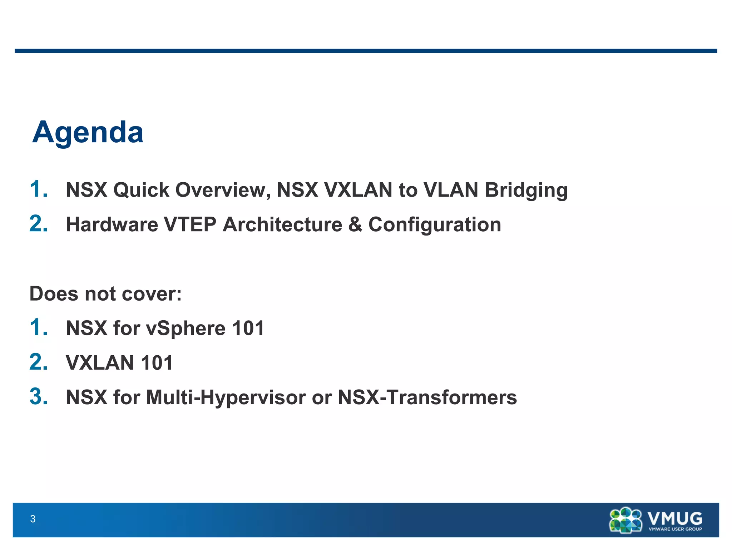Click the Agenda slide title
(88, 133)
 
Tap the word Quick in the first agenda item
(141, 190)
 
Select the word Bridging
(526, 190)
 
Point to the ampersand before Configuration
(355, 224)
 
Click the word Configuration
(434, 224)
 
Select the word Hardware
(112, 224)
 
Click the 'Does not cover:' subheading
(105, 294)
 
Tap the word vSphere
(186, 328)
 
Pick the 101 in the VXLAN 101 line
(157, 363)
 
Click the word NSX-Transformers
(427, 397)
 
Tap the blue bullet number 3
(38, 397)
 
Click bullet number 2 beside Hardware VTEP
(38, 224)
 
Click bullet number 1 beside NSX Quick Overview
(38, 189)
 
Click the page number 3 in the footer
(33, 519)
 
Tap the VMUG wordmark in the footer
(675, 518)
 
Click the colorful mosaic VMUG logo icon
(625, 520)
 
